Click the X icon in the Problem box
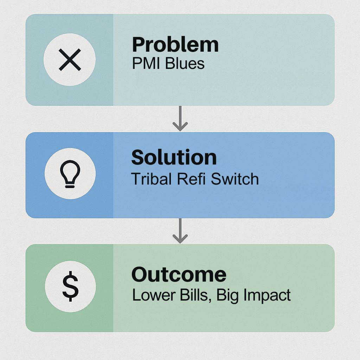point(70,60)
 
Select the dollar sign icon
point(70,286)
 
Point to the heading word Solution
point(174,157)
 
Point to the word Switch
point(235,179)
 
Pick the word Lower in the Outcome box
point(153,295)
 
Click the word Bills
point(194,295)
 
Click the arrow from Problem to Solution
point(180,118)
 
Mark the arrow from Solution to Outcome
point(180,231)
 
